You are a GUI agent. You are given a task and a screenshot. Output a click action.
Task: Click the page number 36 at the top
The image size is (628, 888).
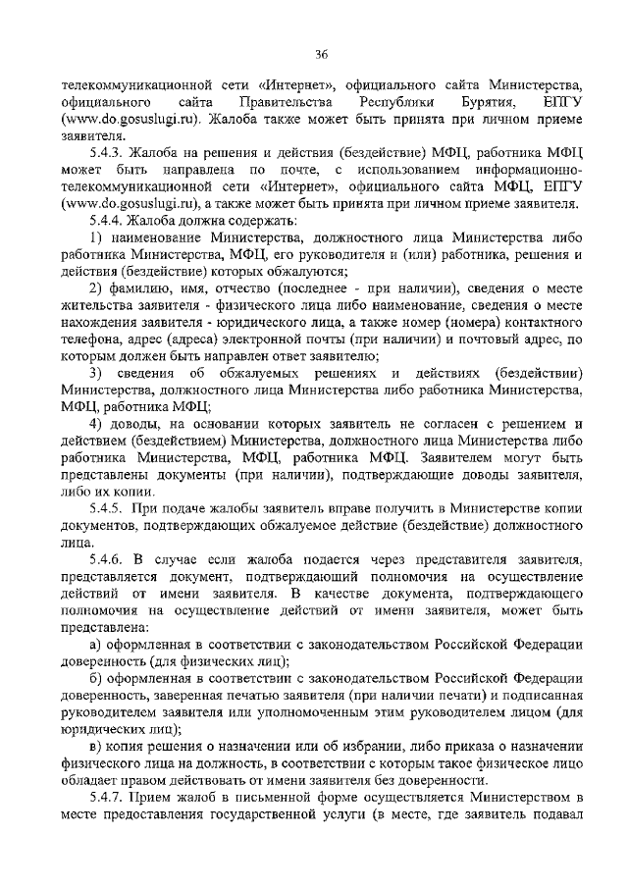(x=320, y=52)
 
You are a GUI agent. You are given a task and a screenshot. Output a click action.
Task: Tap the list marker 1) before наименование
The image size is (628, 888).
(x=95, y=238)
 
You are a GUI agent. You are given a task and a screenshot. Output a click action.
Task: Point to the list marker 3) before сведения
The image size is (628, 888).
(x=95, y=374)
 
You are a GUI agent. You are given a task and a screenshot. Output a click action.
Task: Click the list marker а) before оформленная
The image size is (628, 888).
(x=95, y=643)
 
